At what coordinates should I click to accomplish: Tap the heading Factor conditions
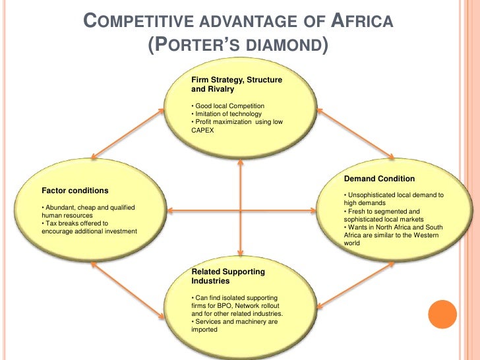(75, 191)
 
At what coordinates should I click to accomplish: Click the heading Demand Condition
(379, 179)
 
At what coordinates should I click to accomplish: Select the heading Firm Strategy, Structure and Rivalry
(236, 84)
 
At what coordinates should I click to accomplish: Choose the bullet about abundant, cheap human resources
(88, 212)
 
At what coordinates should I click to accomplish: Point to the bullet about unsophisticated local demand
(394, 199)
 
